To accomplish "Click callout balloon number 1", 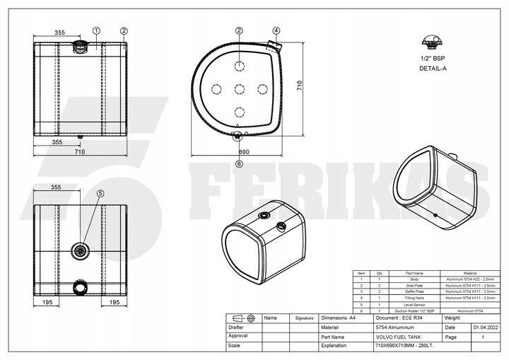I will coord(96,30).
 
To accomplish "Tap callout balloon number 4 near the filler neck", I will coord(276,30).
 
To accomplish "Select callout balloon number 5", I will coord(100,193).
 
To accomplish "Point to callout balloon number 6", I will coord(239,163).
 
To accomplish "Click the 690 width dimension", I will coord(243,152).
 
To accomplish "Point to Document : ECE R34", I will coord(397,318).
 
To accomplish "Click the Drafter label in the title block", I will coord(237,327).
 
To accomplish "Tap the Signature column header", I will coord(304,318).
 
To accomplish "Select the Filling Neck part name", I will coord(414,298).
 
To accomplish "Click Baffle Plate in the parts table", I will coord(414,291).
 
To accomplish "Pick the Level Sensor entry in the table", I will coord(414,304).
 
